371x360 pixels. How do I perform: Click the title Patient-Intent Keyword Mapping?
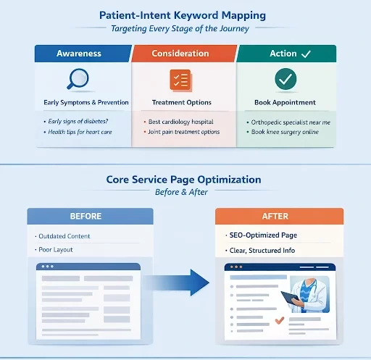(x=185, y=14)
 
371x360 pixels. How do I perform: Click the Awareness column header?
(x=83, y=53)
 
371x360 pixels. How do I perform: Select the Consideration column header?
(x=184, y=53)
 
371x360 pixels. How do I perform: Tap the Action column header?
(x=285, y=53)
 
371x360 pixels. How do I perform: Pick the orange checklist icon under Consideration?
(x=179, y=80)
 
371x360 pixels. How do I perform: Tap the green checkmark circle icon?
(x=285, y=79)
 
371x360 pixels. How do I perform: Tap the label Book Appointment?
(x=285, y=102)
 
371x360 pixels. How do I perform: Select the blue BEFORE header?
(x=90, y=216)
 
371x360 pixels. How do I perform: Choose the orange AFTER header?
(x=278, y=216)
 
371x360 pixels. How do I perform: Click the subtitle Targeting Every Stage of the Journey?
(x=185, y=29)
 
